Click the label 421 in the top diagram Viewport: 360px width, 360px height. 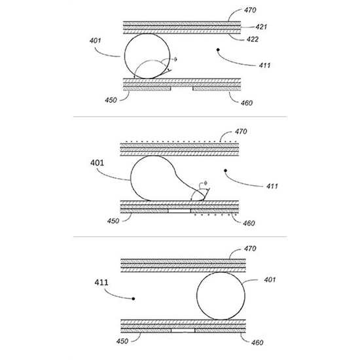click(x=262, y=27)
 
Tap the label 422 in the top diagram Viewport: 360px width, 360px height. click(x=253, y=39)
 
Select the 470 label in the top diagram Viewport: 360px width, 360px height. click(x=250, y=10)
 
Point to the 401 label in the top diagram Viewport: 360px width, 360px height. click(x=95, y=41)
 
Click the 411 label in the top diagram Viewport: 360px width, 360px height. click(x=264, y=65)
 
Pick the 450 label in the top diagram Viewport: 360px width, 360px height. click(x=111, y=100)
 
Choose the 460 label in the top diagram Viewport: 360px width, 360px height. click(x=247, y=103)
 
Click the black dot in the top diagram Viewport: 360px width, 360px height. click(x=218, y=50)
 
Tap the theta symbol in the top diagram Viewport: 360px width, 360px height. click(x=175, y=60)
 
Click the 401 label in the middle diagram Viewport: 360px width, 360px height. click(x=97, y=163)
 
